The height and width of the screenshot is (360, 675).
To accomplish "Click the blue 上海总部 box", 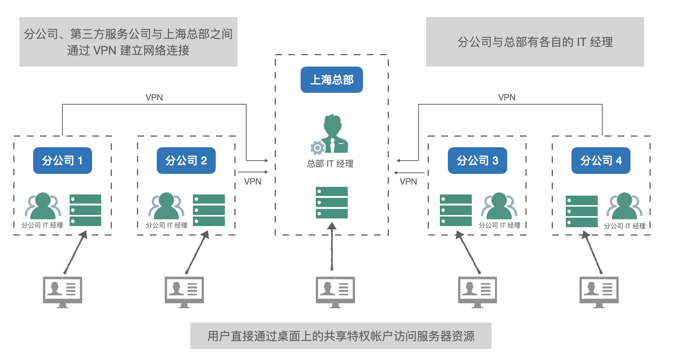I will (331, 80).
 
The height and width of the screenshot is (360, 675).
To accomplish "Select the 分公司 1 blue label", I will (62, 161).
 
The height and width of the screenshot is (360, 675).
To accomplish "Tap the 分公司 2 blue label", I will (186, 161).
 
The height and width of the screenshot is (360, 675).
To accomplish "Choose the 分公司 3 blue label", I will (477, 161).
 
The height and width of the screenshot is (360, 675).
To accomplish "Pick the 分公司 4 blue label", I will (601, 161).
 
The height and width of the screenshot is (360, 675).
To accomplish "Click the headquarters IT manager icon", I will (333, 134).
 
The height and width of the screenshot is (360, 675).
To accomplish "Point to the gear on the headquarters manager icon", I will (317, 148).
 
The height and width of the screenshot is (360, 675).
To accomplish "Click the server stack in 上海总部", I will (331, 202).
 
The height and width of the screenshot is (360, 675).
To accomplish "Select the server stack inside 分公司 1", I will (85, 210).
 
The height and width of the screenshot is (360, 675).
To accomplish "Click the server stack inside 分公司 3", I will (455, 210).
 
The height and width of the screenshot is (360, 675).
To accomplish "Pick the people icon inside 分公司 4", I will (624, 206).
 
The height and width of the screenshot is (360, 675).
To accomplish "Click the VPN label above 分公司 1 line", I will (154, 97).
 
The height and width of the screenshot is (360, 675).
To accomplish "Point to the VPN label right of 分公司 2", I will (253, 182).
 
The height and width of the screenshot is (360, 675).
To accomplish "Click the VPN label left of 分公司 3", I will (408, 182).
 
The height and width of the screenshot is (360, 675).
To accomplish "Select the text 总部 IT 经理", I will (330, 164).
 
